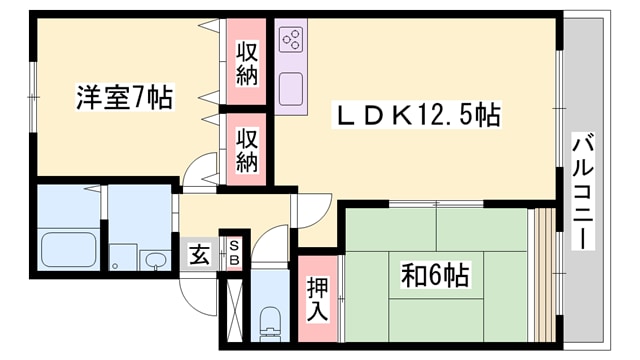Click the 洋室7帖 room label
point(123,98)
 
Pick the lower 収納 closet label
point(248,148)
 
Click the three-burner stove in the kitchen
point(293,41)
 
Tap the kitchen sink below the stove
point(293,90)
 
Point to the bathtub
point(68,249)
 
